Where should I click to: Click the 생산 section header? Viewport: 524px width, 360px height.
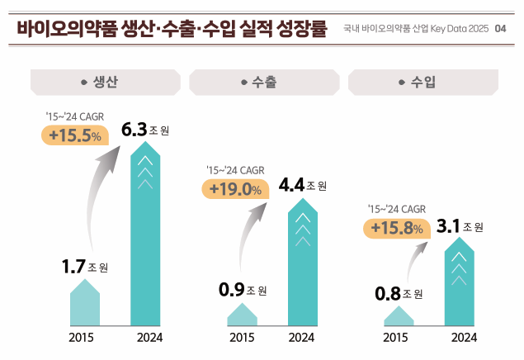click(x=105, y=83)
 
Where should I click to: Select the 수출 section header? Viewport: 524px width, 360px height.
click(x=262, y=83)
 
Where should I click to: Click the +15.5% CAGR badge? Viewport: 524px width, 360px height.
click(x=74, y=135)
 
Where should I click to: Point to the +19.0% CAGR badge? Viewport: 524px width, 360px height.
click(x=234, y=189)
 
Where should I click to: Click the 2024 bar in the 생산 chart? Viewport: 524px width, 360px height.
click(x=145, y=239)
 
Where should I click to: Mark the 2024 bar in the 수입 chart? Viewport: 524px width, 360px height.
click(x=460, y=285)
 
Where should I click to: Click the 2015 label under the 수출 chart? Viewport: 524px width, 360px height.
click(x=242, y=337)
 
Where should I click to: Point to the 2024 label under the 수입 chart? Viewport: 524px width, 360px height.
click(x=464, y=337)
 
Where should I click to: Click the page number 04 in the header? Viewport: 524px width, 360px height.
click(x=501, y=28)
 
